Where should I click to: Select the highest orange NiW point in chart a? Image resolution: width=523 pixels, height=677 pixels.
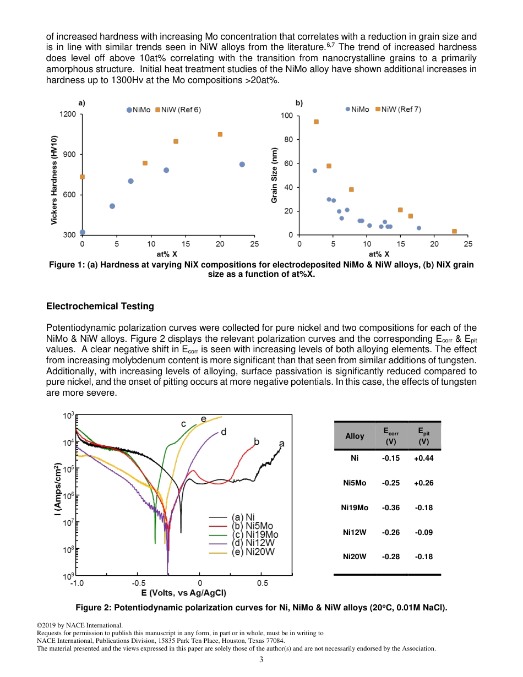point(220,134)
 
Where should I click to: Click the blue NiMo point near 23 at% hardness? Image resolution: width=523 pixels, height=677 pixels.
point(242,165)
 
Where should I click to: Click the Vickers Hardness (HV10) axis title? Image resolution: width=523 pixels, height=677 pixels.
point(54,180)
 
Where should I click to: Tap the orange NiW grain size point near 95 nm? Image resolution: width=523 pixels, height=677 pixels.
point(316,122)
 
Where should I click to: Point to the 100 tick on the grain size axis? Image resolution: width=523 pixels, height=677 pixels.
point(286,116)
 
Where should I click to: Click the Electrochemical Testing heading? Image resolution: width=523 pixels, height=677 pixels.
point(100,306)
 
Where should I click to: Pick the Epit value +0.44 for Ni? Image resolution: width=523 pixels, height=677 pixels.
point(423,458)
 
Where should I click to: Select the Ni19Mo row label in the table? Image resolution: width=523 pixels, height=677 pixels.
point(355,507)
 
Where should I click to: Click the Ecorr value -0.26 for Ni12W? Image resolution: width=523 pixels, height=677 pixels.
point(390,532)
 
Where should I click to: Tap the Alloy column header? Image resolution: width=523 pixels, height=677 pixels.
point(355,436)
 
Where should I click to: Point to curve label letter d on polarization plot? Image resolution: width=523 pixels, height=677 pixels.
point(224,433)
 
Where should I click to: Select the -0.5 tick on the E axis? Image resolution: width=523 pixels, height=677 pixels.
point(138,583)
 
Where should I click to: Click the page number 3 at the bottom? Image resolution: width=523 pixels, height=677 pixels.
point(261,659)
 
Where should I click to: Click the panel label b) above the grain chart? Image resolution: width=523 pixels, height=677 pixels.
point(299,103)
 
